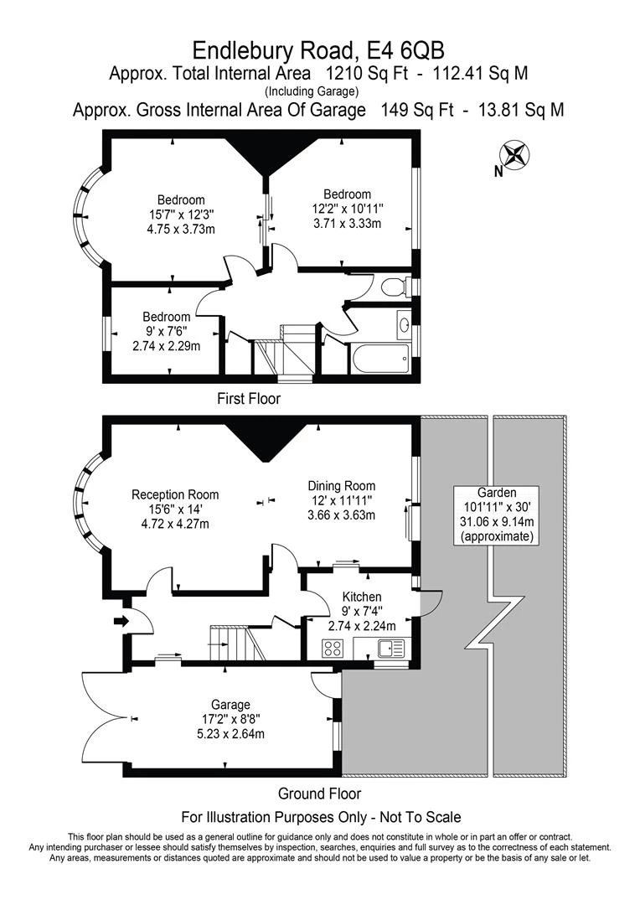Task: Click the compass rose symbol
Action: click(x=515, y=155)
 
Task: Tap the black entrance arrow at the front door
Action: click(x=121, y=621)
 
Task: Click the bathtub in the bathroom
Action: click(x=380, y=359)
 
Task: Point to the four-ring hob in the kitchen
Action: click(x=333, y=649)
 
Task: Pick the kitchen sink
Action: click(x=392, y=649)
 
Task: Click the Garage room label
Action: click(x=230, y=705)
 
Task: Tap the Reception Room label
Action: click(x=175, y=494)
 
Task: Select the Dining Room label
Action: click(x=342, y=486)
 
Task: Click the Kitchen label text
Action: click(x=362, y=597)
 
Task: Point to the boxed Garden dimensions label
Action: click(x=498, y=515)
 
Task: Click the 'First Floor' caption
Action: click(x=249, y=398)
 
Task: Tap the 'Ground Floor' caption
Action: click(x=319, y=794)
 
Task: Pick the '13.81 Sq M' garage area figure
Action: click(x=521, y=110)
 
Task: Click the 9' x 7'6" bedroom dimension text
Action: click(x=166, y=331)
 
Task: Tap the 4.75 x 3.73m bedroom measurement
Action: click(x=181, y=229)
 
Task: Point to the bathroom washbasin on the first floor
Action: click(x=404, y=321)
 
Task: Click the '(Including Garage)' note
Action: click(x=312, y=91)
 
